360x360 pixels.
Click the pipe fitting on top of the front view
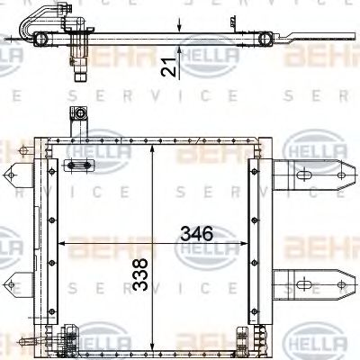click(79, 117)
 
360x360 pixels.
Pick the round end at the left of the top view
click(41, 38)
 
